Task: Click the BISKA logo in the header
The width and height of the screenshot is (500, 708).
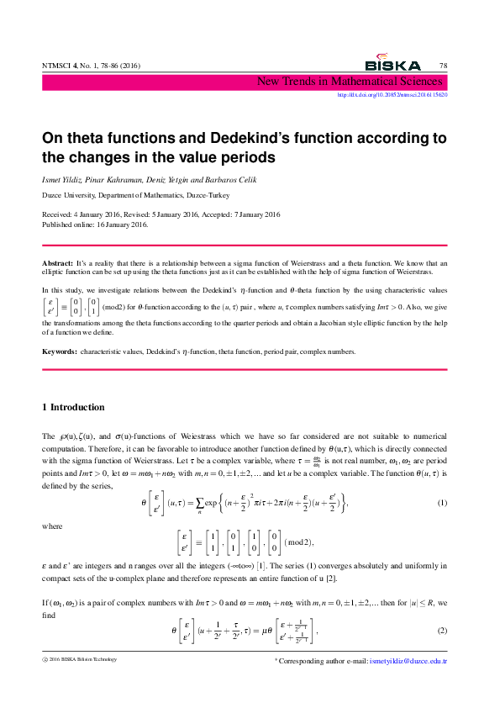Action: pos(392,64)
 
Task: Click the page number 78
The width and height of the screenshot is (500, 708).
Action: pos(443,66)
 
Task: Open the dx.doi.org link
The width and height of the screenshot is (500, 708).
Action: pos(392,95)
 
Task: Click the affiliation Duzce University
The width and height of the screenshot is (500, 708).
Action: pos(71,194)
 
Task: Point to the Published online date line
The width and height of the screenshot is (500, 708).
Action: pos(95,225)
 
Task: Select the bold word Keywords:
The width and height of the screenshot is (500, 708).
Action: pos(60,351)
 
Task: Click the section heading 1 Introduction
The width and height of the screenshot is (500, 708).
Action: pos(73,408)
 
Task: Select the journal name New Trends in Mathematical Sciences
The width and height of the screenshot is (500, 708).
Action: pos(350,82)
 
